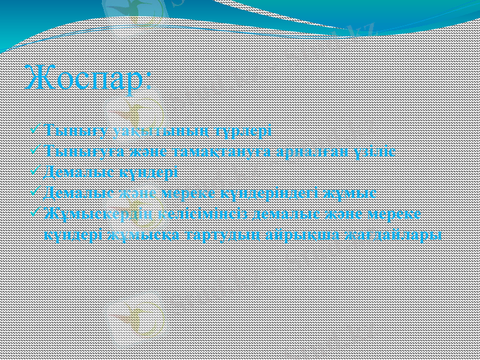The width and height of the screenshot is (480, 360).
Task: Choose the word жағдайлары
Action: pyautogui.click(x=394, y=235)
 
